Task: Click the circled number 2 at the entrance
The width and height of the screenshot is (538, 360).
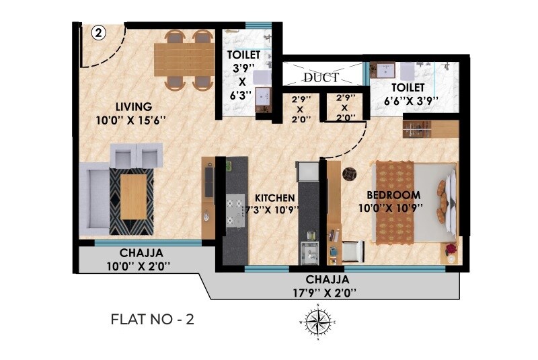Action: coord(98,32)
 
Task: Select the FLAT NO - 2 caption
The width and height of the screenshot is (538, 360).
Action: coord(152,320)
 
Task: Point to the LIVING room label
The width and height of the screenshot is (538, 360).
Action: coord(133,106)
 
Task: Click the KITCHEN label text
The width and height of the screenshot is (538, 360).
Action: coord(275,198)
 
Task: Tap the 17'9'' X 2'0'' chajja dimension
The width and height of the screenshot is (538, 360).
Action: coord(328,292)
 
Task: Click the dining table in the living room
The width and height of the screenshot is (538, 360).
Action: coord(183,59)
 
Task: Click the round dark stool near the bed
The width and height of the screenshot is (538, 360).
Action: coord(349,174)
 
